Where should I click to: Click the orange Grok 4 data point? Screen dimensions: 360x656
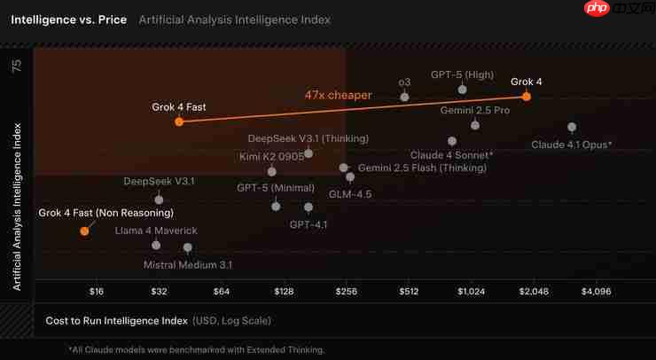coord(527,97)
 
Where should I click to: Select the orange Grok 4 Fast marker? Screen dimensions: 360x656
coord(179,122)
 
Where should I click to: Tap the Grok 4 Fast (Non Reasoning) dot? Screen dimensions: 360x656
coord(84,231)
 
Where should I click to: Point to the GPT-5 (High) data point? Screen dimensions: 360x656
coord(462,90)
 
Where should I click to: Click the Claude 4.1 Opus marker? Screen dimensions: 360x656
coord(572,128)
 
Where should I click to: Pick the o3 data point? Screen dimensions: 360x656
coord(405,97)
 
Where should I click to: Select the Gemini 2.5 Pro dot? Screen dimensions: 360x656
coord(475,125)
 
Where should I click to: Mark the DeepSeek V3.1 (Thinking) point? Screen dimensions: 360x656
coord(308,153)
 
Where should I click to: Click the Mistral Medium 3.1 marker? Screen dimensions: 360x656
coord(188,248)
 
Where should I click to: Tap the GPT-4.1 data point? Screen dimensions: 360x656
coord(308,207)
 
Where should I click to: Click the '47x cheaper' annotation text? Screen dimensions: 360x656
coord(339,95)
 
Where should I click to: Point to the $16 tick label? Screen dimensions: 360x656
coord(97,291)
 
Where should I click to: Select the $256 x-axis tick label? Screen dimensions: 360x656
coord(346,291)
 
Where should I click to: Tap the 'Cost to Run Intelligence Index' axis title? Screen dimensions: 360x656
coord(117,320)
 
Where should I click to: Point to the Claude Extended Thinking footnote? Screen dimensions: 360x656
coord(197,349)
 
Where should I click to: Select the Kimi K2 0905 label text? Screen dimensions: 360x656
coord(271,157)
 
